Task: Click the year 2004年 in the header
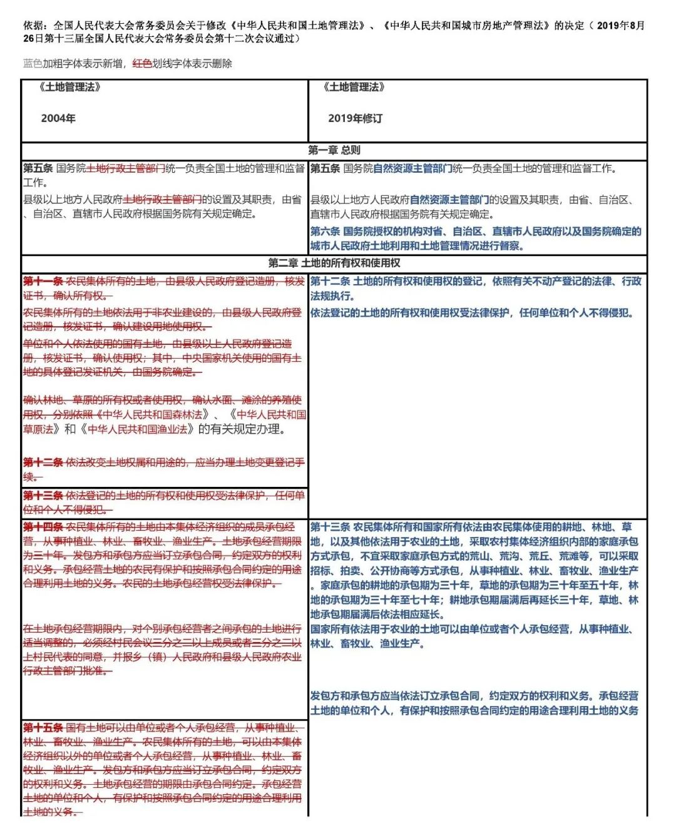[x=58, y=118]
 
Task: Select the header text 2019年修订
[x=355, y=118]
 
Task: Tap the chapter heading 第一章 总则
[x=334, y=150]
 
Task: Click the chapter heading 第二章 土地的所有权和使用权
[x=334, y=263]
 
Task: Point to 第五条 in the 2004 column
[x=38, y=168]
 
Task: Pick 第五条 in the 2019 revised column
[x=325, y=168]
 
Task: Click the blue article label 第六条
[x=325, y=232]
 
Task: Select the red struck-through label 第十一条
[x=43, y=282]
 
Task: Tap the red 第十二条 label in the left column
[x=43, y=463]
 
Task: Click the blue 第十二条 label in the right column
[x=330, y=282]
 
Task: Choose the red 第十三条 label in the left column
[x=43, y=496]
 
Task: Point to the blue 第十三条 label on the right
[x=330, y=527]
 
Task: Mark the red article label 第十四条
[x=43, y=527]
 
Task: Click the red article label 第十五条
[x=43, y=727]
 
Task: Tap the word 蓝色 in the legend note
[x=33, y=63]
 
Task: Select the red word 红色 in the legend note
[x=142, y=63]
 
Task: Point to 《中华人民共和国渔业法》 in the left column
[x=138, y=429]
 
